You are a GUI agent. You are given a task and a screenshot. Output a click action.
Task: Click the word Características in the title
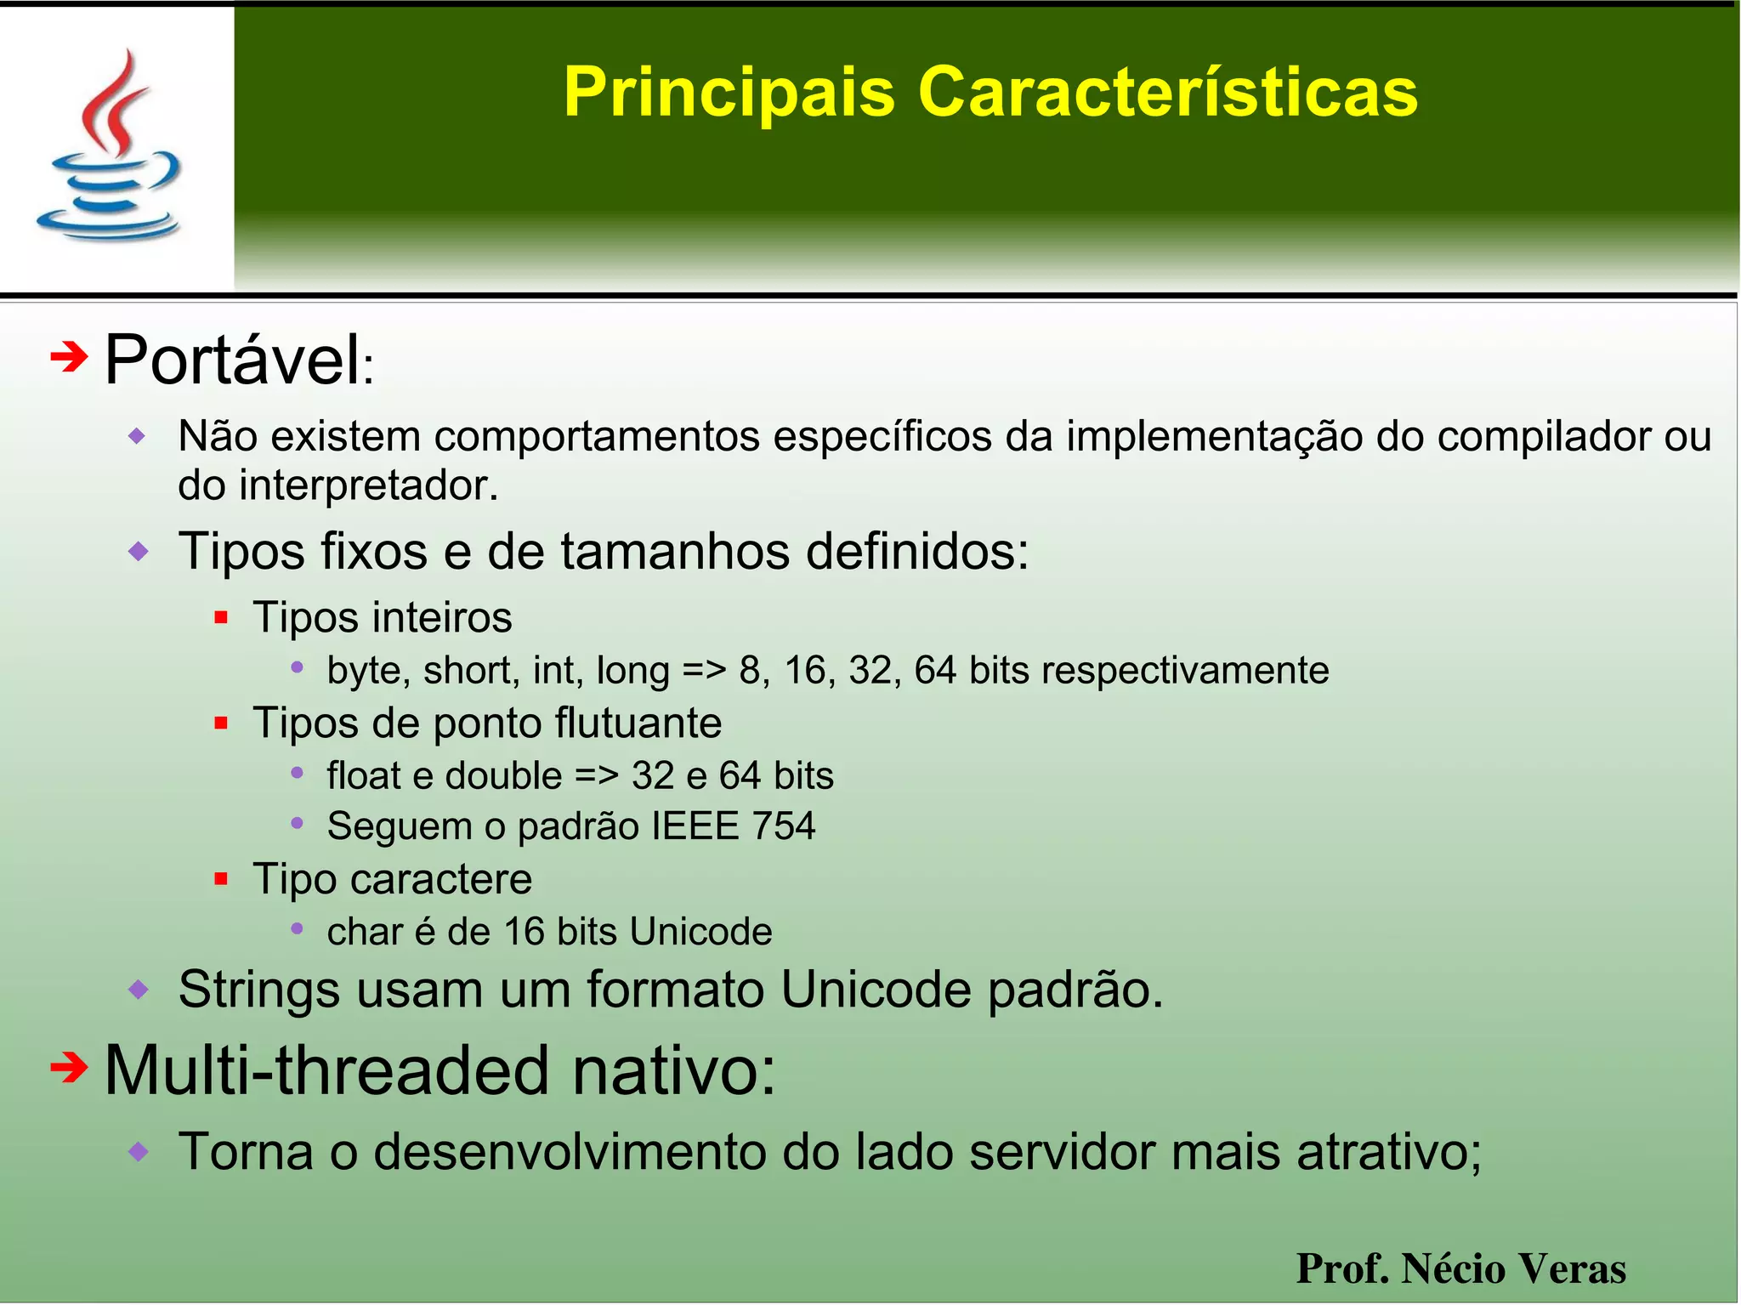point(1167,92)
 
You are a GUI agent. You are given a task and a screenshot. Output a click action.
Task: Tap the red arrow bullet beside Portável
point(68,357)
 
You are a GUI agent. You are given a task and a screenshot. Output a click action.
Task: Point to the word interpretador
point(368,485)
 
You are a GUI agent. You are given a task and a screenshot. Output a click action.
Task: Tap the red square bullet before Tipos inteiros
point(221,618)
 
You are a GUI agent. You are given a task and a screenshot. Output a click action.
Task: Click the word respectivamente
point(1185,670)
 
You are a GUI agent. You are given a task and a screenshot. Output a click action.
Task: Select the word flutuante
point(638,723)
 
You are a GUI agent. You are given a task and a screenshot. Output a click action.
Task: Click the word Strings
point(258,990)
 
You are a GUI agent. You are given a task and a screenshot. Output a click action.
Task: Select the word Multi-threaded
point(326,1070)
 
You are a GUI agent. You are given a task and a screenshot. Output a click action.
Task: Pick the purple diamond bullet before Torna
point(138,1152)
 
